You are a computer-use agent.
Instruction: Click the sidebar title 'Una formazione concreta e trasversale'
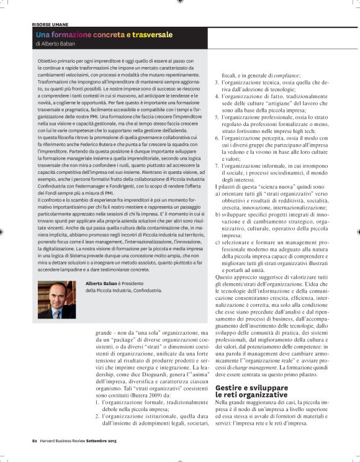tap(104, 35)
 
